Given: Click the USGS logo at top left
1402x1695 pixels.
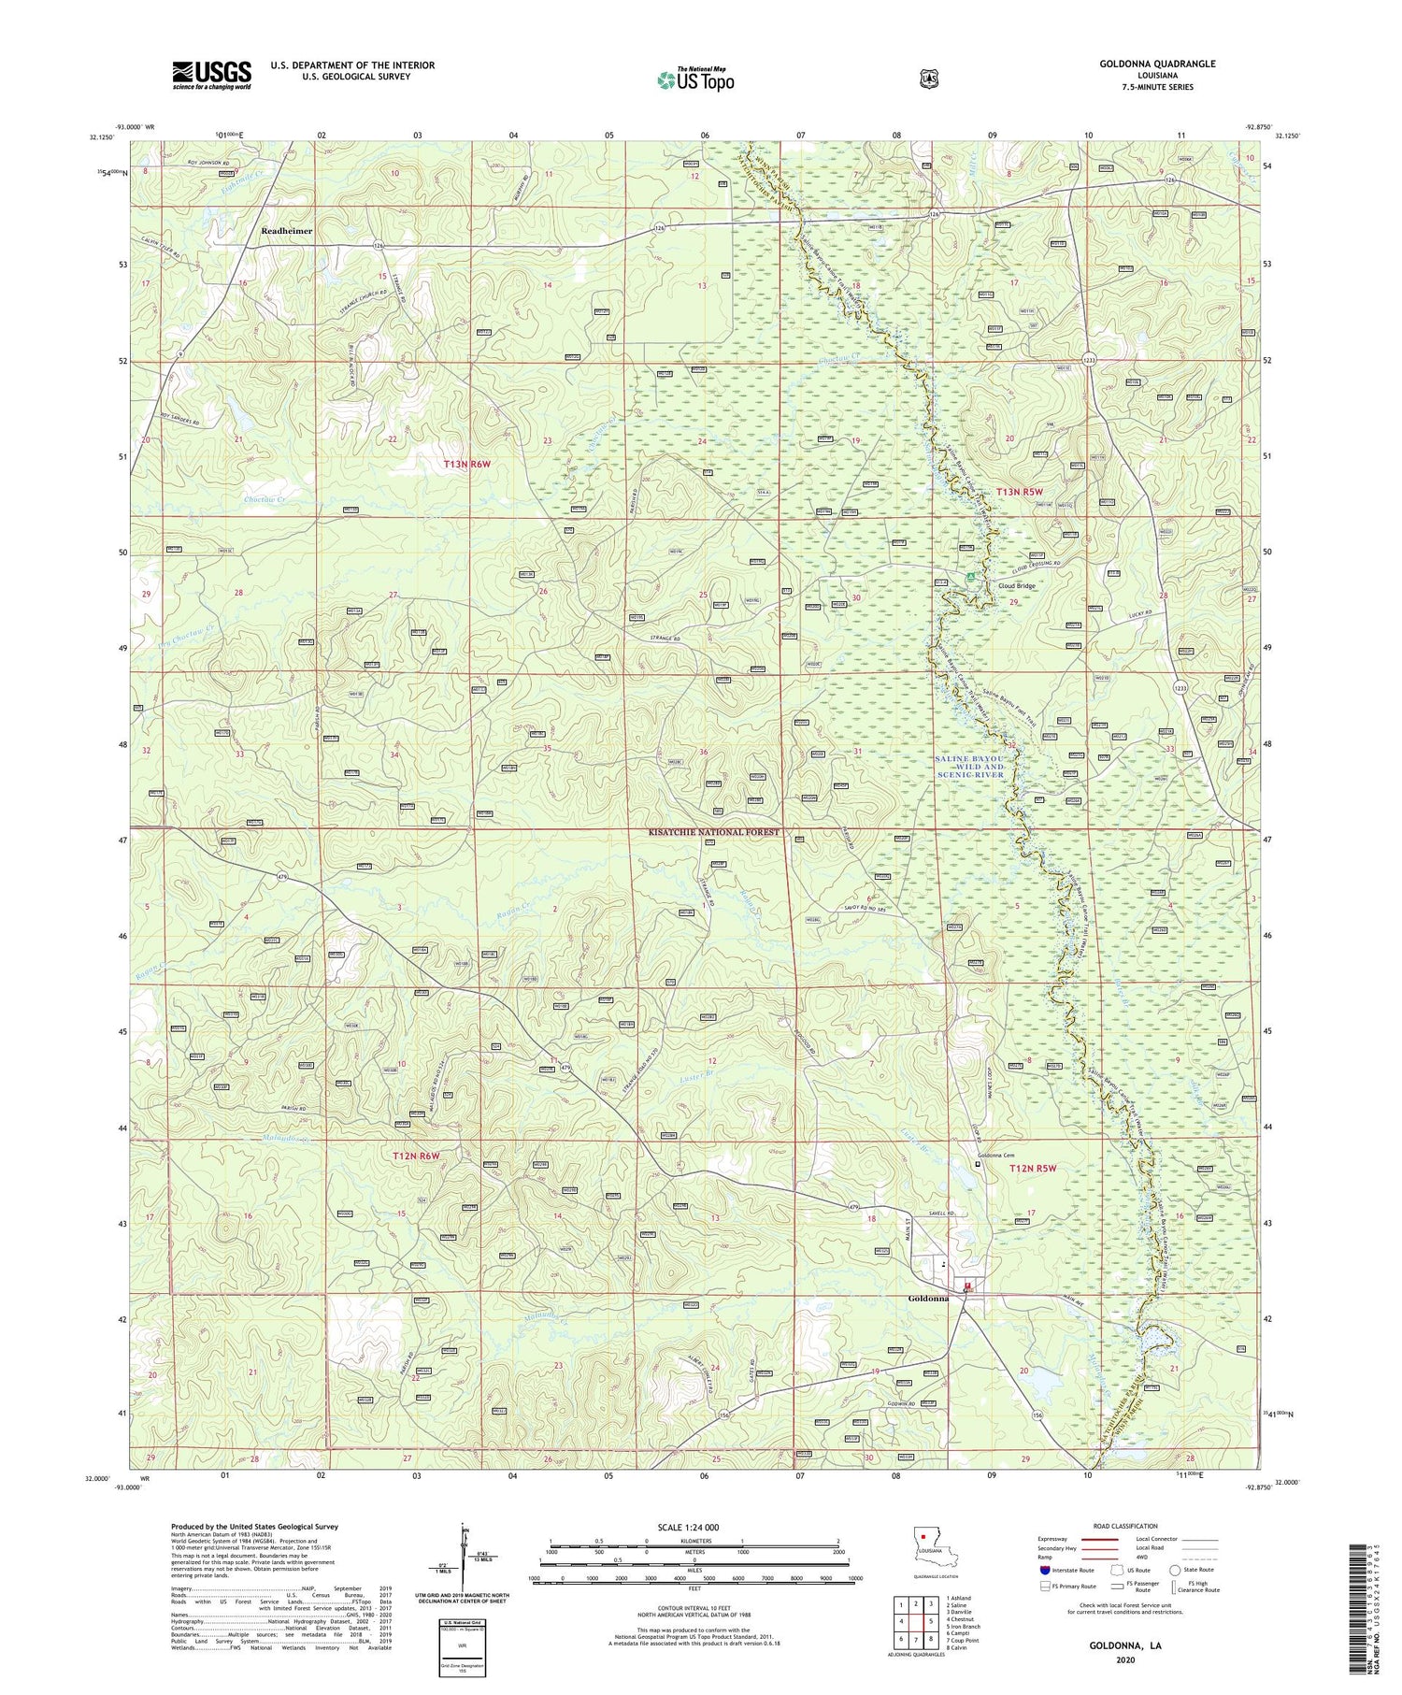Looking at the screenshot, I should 211,75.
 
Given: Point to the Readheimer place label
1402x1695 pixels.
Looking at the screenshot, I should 287,230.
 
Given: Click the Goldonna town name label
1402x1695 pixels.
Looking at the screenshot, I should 929,1299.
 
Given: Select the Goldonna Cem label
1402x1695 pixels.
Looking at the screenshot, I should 996,1156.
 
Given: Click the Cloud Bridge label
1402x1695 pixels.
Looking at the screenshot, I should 1018,586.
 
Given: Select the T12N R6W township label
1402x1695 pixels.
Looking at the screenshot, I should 416,1156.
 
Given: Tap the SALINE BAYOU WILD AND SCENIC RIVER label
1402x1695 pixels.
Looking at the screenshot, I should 969,767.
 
